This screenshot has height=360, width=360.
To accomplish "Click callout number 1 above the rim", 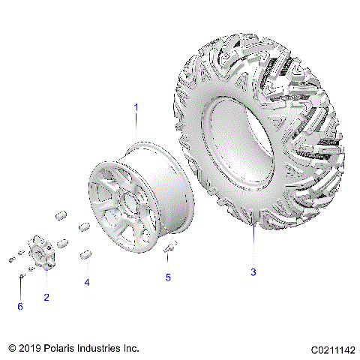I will [x=136, y=107].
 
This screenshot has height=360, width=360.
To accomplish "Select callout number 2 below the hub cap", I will [x=46, y=298].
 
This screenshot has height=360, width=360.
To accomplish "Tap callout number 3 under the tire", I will [x=253, y=272].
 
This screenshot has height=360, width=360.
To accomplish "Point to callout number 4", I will [x=87, y=283].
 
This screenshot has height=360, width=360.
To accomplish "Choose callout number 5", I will [x=168, y=277].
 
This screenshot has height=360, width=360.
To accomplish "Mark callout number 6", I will [x=20, y=307].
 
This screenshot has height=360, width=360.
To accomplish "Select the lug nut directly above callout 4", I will [x=87, y=254].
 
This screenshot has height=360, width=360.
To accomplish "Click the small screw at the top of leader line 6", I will [x=21, y=278].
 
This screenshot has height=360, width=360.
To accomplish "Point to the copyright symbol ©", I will [x=11, y=349].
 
